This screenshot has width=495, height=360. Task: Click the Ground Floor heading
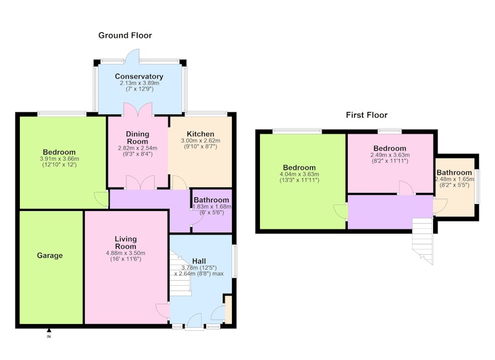(125, 35)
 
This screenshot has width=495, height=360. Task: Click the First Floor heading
(366, 115)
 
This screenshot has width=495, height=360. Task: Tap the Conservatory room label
(139, 76)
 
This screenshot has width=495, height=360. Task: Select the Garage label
(49, 255)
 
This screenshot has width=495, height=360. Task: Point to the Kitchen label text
(200, 134)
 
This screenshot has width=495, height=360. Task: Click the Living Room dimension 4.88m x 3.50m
(126, 253)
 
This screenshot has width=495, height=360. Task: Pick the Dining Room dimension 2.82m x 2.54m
(137, 148)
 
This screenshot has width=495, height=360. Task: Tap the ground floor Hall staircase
(180, 273)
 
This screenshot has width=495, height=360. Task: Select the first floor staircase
(423, 241)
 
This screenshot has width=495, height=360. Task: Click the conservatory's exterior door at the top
(132, 56)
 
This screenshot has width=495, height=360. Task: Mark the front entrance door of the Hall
(194, 320)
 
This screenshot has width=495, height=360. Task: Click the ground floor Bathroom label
(211, 200)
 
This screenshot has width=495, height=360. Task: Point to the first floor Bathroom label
(454, 173)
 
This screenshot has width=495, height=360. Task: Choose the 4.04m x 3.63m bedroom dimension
(299, 174)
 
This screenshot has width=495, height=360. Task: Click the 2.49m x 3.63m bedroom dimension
(390, 155)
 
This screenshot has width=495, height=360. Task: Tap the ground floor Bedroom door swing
(101, 199)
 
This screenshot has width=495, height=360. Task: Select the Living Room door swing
(163, 311)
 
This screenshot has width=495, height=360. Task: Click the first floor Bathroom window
(478, 186)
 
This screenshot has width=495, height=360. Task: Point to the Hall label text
(199, 261)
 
